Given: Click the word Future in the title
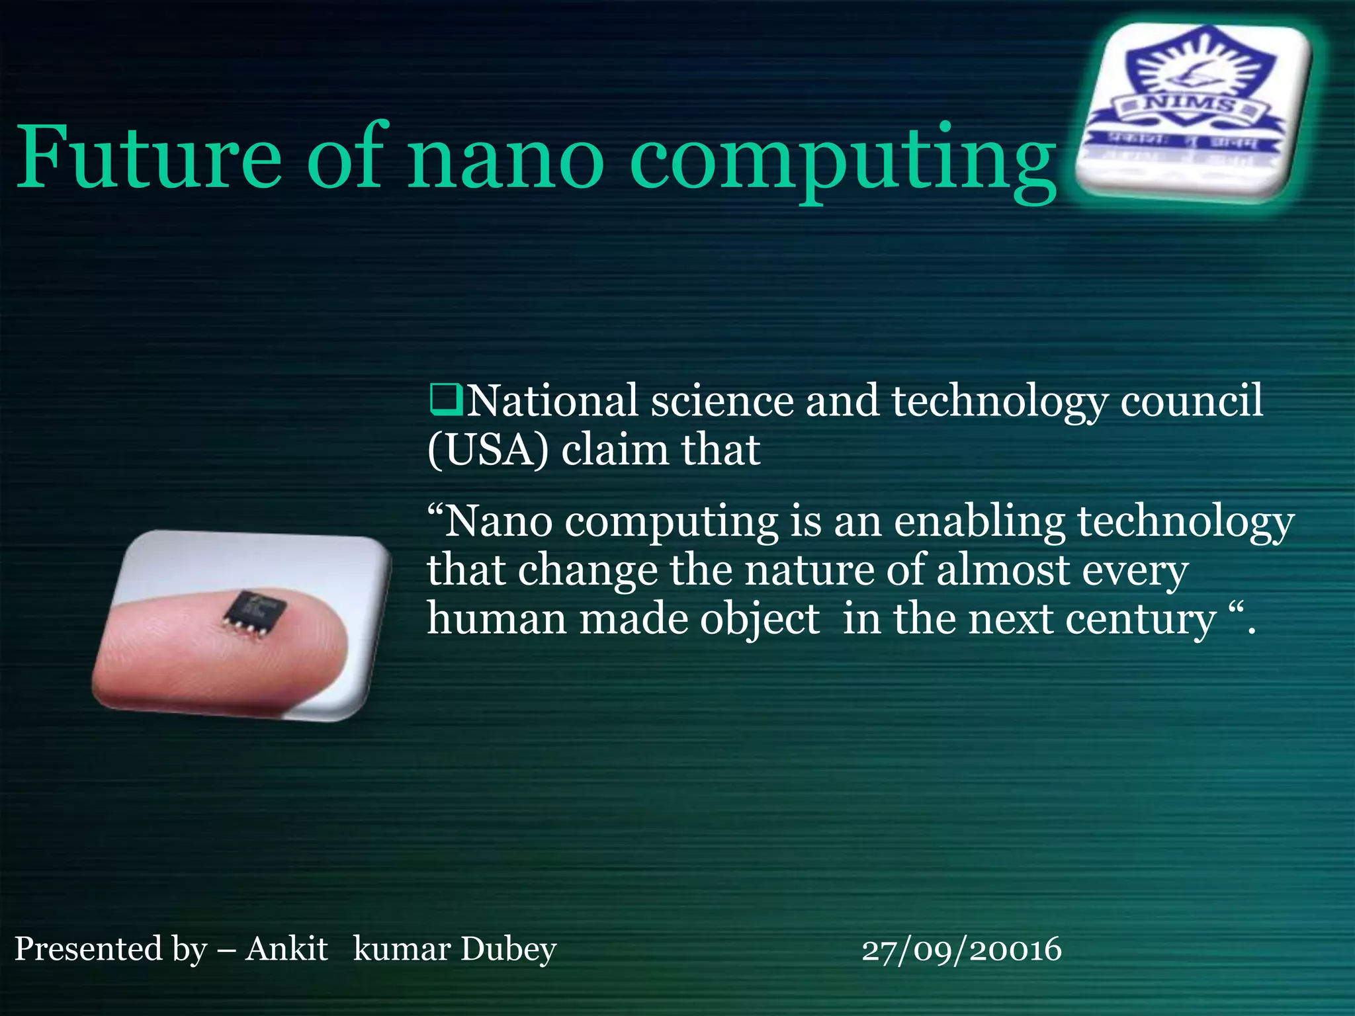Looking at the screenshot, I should coord(149,157).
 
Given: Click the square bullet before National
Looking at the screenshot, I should coord(445,400).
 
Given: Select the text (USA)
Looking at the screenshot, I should coord(488,450).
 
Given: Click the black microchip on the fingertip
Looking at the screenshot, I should coord(253,612).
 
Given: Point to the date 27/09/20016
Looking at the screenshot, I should coord(961,950).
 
